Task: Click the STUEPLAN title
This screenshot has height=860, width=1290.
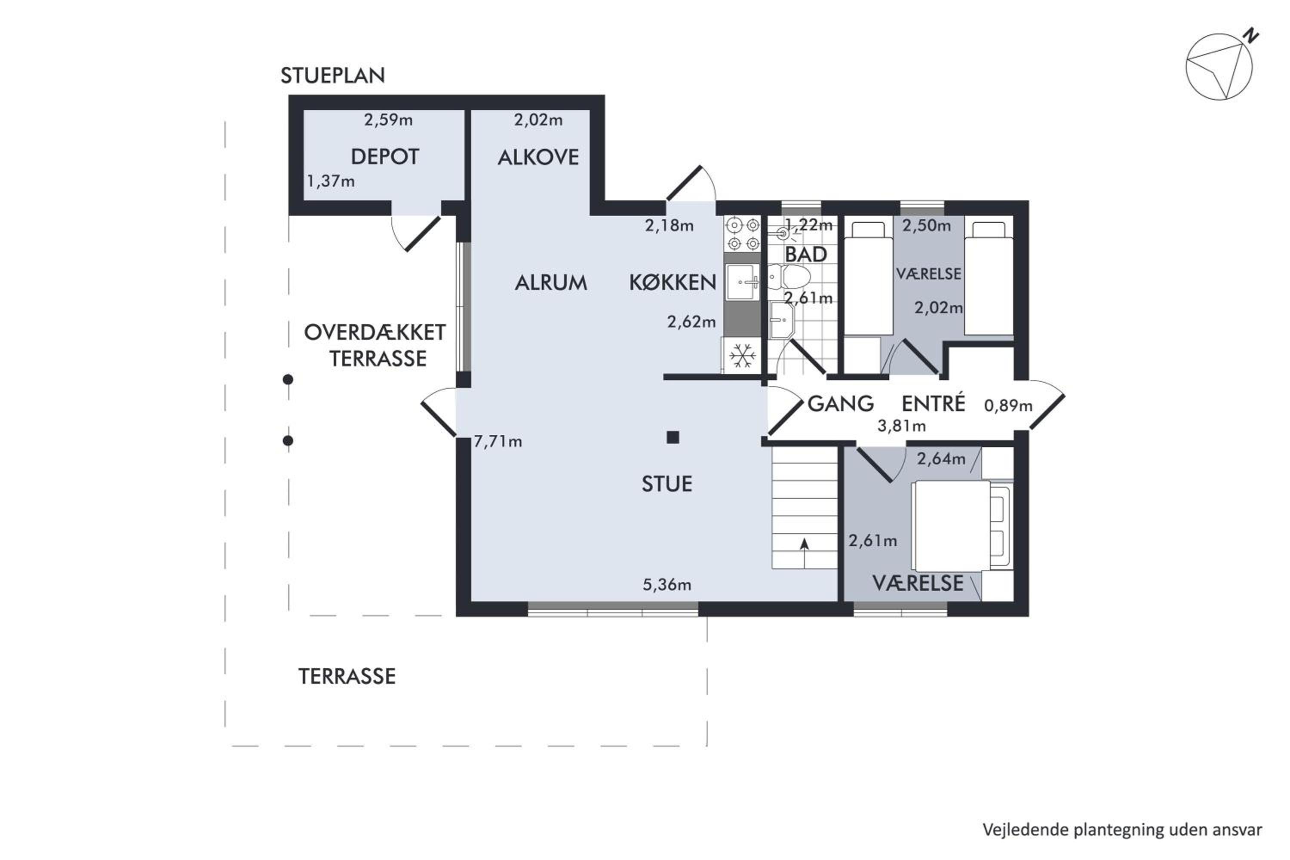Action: click(x=332, y=75)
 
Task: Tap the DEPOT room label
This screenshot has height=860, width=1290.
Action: click(x=384, y=157)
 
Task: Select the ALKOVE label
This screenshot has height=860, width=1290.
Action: click(x=538, y=158)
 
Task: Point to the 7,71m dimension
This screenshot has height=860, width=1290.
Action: click(x=498, y=441)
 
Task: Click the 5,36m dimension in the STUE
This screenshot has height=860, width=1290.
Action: click(x=667, y=585)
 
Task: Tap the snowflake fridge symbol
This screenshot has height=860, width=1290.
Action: click(x=742, y=356)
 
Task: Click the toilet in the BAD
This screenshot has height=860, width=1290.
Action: click(x=789, y=277)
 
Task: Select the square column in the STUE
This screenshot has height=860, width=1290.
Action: click(x=673, y=437)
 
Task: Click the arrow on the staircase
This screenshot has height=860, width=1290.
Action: click(x=805, y=553)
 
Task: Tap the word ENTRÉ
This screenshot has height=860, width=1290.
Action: click(x=933, y=404)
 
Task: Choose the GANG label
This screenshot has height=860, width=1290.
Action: click(x=841, y=404)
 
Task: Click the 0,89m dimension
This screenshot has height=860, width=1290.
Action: click(x=1008, y=406)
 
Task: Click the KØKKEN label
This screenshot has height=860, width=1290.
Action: click(x=673, y=283)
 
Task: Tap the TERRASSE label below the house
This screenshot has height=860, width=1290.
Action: click(x=347, y=677)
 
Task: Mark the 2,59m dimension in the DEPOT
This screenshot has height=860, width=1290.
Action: click(x=388, y=120)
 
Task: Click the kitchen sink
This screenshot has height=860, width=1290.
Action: click(x=742, y=282)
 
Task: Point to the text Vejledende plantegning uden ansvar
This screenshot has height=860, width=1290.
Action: click(x=1122, y=830)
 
